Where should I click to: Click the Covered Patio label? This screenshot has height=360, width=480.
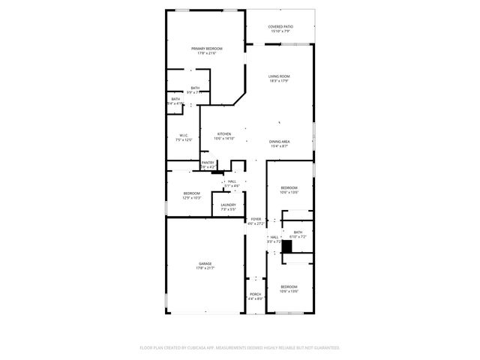point(280,26)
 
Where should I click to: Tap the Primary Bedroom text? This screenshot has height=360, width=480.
point(206,49)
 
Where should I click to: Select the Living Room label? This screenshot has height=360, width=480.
point(280,76)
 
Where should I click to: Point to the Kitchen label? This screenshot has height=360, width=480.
point(224,134)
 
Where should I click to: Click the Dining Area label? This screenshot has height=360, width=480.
point(280,142)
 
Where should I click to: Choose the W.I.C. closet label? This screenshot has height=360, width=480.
point(183,136)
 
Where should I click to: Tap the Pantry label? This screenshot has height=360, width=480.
point(208,163)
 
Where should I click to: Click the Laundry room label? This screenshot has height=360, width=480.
point(228,205)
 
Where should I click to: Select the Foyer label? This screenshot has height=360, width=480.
point(256,219)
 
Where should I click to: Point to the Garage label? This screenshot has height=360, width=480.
point(205,263)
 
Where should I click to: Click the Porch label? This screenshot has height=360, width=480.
point(256,295)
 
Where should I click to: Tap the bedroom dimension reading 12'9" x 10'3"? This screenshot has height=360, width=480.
point(192,198)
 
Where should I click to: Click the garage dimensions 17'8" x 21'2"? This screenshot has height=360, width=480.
point(205,268)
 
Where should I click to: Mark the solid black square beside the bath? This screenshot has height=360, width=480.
point(286,246)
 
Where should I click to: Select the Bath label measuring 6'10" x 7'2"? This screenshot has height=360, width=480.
point(298,232)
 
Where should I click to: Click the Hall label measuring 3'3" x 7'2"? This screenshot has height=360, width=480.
point(274,237)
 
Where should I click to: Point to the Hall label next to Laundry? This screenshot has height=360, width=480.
point(232,181)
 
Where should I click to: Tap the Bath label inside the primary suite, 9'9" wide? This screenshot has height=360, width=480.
point(195,88)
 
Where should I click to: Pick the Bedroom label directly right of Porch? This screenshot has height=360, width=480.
point(289,286)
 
